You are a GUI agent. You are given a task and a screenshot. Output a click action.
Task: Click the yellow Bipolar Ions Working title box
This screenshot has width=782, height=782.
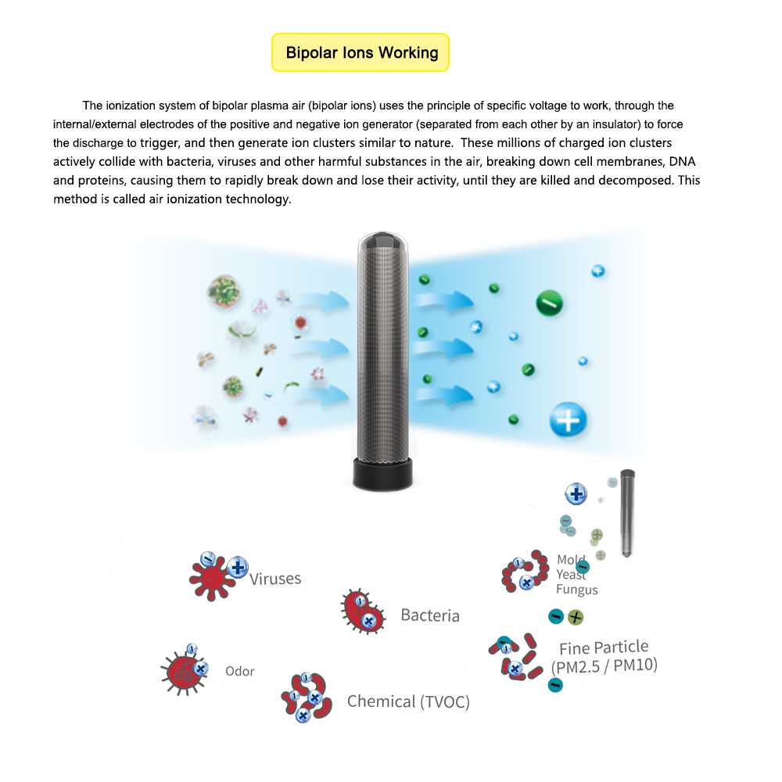(361, 53)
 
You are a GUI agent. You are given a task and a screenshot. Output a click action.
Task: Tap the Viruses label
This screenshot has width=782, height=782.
(275, 579)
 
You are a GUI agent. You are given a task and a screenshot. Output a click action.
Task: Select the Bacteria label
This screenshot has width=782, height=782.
(429, 615)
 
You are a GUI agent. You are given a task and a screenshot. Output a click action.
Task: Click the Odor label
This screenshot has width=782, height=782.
(240, 671)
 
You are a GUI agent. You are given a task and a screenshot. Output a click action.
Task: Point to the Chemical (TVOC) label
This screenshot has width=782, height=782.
(408, 701)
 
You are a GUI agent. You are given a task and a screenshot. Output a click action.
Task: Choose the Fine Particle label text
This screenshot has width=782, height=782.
(604, 647)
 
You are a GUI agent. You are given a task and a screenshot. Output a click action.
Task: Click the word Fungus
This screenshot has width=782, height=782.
(576, 590)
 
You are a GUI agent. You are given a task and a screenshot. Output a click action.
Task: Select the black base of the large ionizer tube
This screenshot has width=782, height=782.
(382, 474)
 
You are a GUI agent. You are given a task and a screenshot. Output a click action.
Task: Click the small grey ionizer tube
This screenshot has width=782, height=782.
(627, 512)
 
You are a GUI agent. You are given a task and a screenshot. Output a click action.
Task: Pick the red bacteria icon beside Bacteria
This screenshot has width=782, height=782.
(362, 612)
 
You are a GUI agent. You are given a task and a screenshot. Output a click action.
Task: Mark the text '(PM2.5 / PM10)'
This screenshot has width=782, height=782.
(604, 666)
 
